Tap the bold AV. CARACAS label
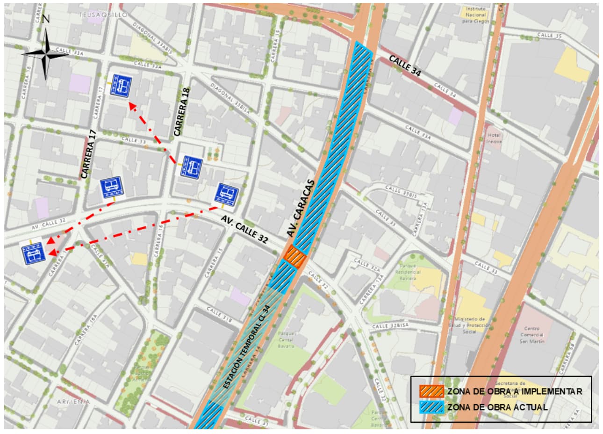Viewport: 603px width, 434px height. click(x=304, y=208)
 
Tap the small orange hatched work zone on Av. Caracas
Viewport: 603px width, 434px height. click(x=296, y=256)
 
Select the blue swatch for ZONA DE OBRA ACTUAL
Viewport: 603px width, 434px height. click(x=431, y=407)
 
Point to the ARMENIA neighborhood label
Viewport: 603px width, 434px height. click(x=73, y=402)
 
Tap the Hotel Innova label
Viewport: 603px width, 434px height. click(x=494, y=138)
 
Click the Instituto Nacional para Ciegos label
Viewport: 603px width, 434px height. click(x=476, y=15)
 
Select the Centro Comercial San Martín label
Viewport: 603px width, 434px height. click(x=532, y=334)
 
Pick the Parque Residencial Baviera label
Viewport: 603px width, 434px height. click(x=408, y=271)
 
